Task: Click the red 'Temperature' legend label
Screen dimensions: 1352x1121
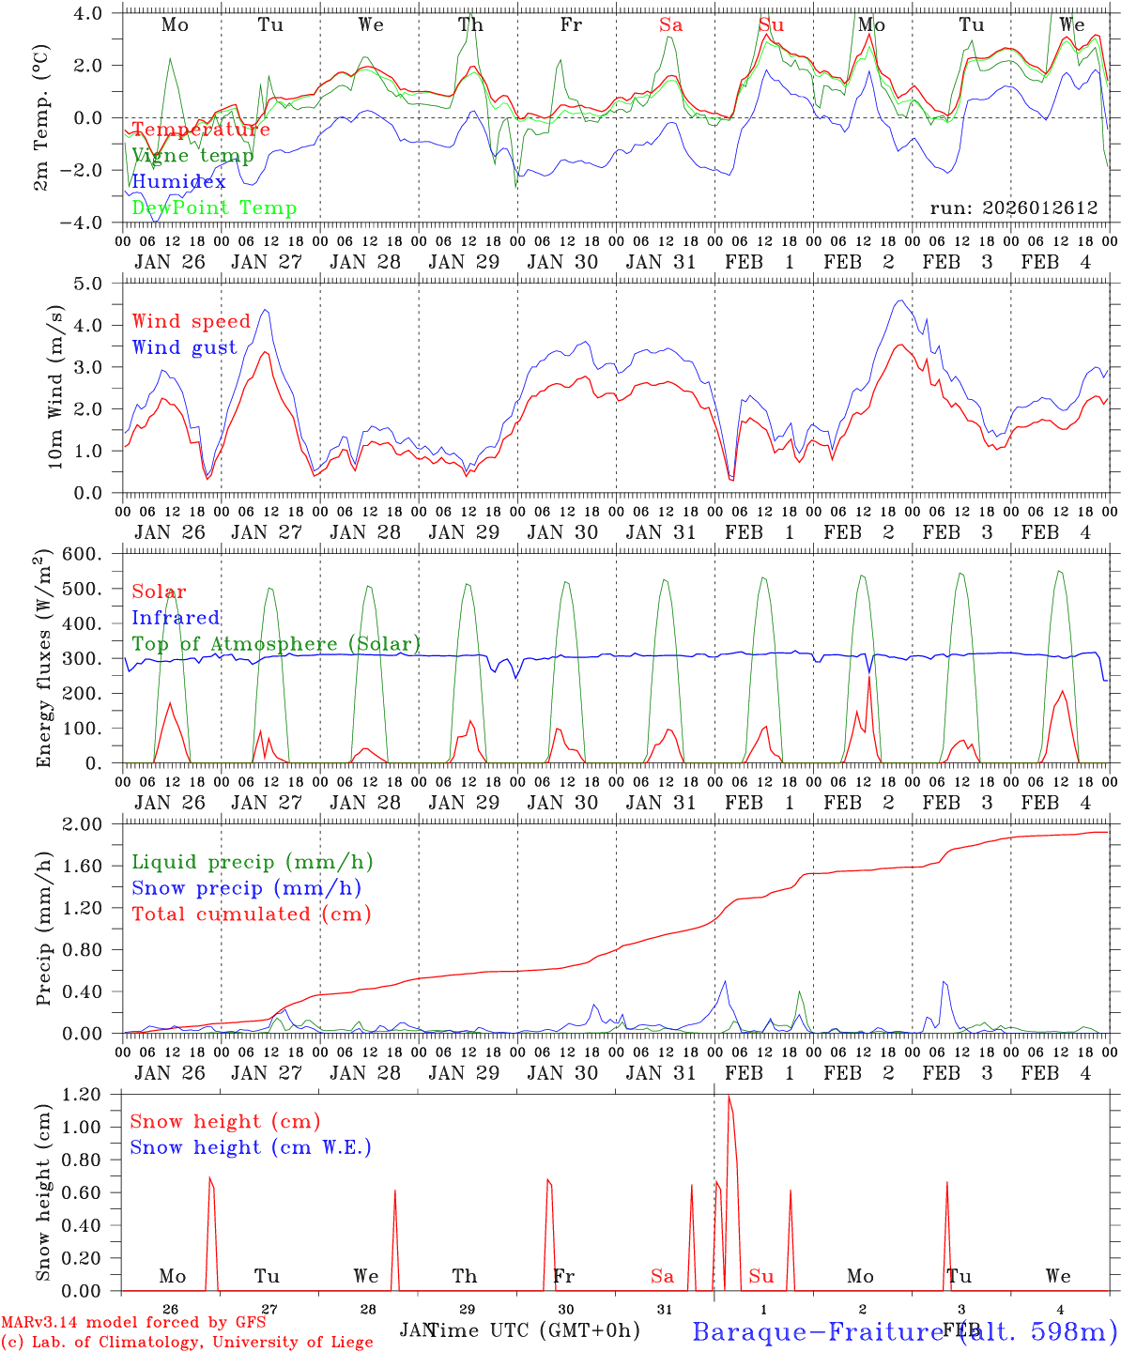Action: pyautogui.click(x=201, y=130)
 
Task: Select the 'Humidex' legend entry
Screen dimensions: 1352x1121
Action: pyautogui.click(x=178, y=182)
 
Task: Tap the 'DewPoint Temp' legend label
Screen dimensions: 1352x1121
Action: pyautogui.click(x=214, y=208)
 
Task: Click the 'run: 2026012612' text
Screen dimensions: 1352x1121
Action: pyautogui.click(x=1014, y=208)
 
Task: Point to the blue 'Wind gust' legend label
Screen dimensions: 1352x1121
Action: pyautogui.click(x=184, y=347)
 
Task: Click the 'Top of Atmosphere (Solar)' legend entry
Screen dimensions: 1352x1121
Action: pyautogui.click(x=276, y=644)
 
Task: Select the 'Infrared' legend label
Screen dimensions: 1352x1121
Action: pyautogui.click(x=176, y=618)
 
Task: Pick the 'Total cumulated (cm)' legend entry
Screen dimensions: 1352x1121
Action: pyautogui.click(x=251, y=914)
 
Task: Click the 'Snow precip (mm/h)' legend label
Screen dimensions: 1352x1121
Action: pyautogui.click(x=246, y=888)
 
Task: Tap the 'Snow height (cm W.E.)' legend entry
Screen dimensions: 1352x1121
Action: pyautogui.click(x=251, y=1147)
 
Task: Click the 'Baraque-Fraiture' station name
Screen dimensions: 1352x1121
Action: pyautogui.click(x=817, y=1330)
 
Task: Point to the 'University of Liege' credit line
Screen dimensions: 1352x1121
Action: pyautogui.click(x=187, y=1343)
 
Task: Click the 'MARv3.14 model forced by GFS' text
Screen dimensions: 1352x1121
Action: pyautogui.click(x=133, y=1323)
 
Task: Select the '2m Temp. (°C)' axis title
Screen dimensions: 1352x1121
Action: pyautogui.click(x=41, y=117)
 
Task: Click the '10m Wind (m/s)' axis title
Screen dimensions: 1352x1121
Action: pyautogui.click(x=55, y=386)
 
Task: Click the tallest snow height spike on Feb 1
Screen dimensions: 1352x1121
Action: pyautogui.click(x=729, y=1098)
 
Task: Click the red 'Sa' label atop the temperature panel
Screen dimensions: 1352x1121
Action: pyautogui.click(x=670, y=25)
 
